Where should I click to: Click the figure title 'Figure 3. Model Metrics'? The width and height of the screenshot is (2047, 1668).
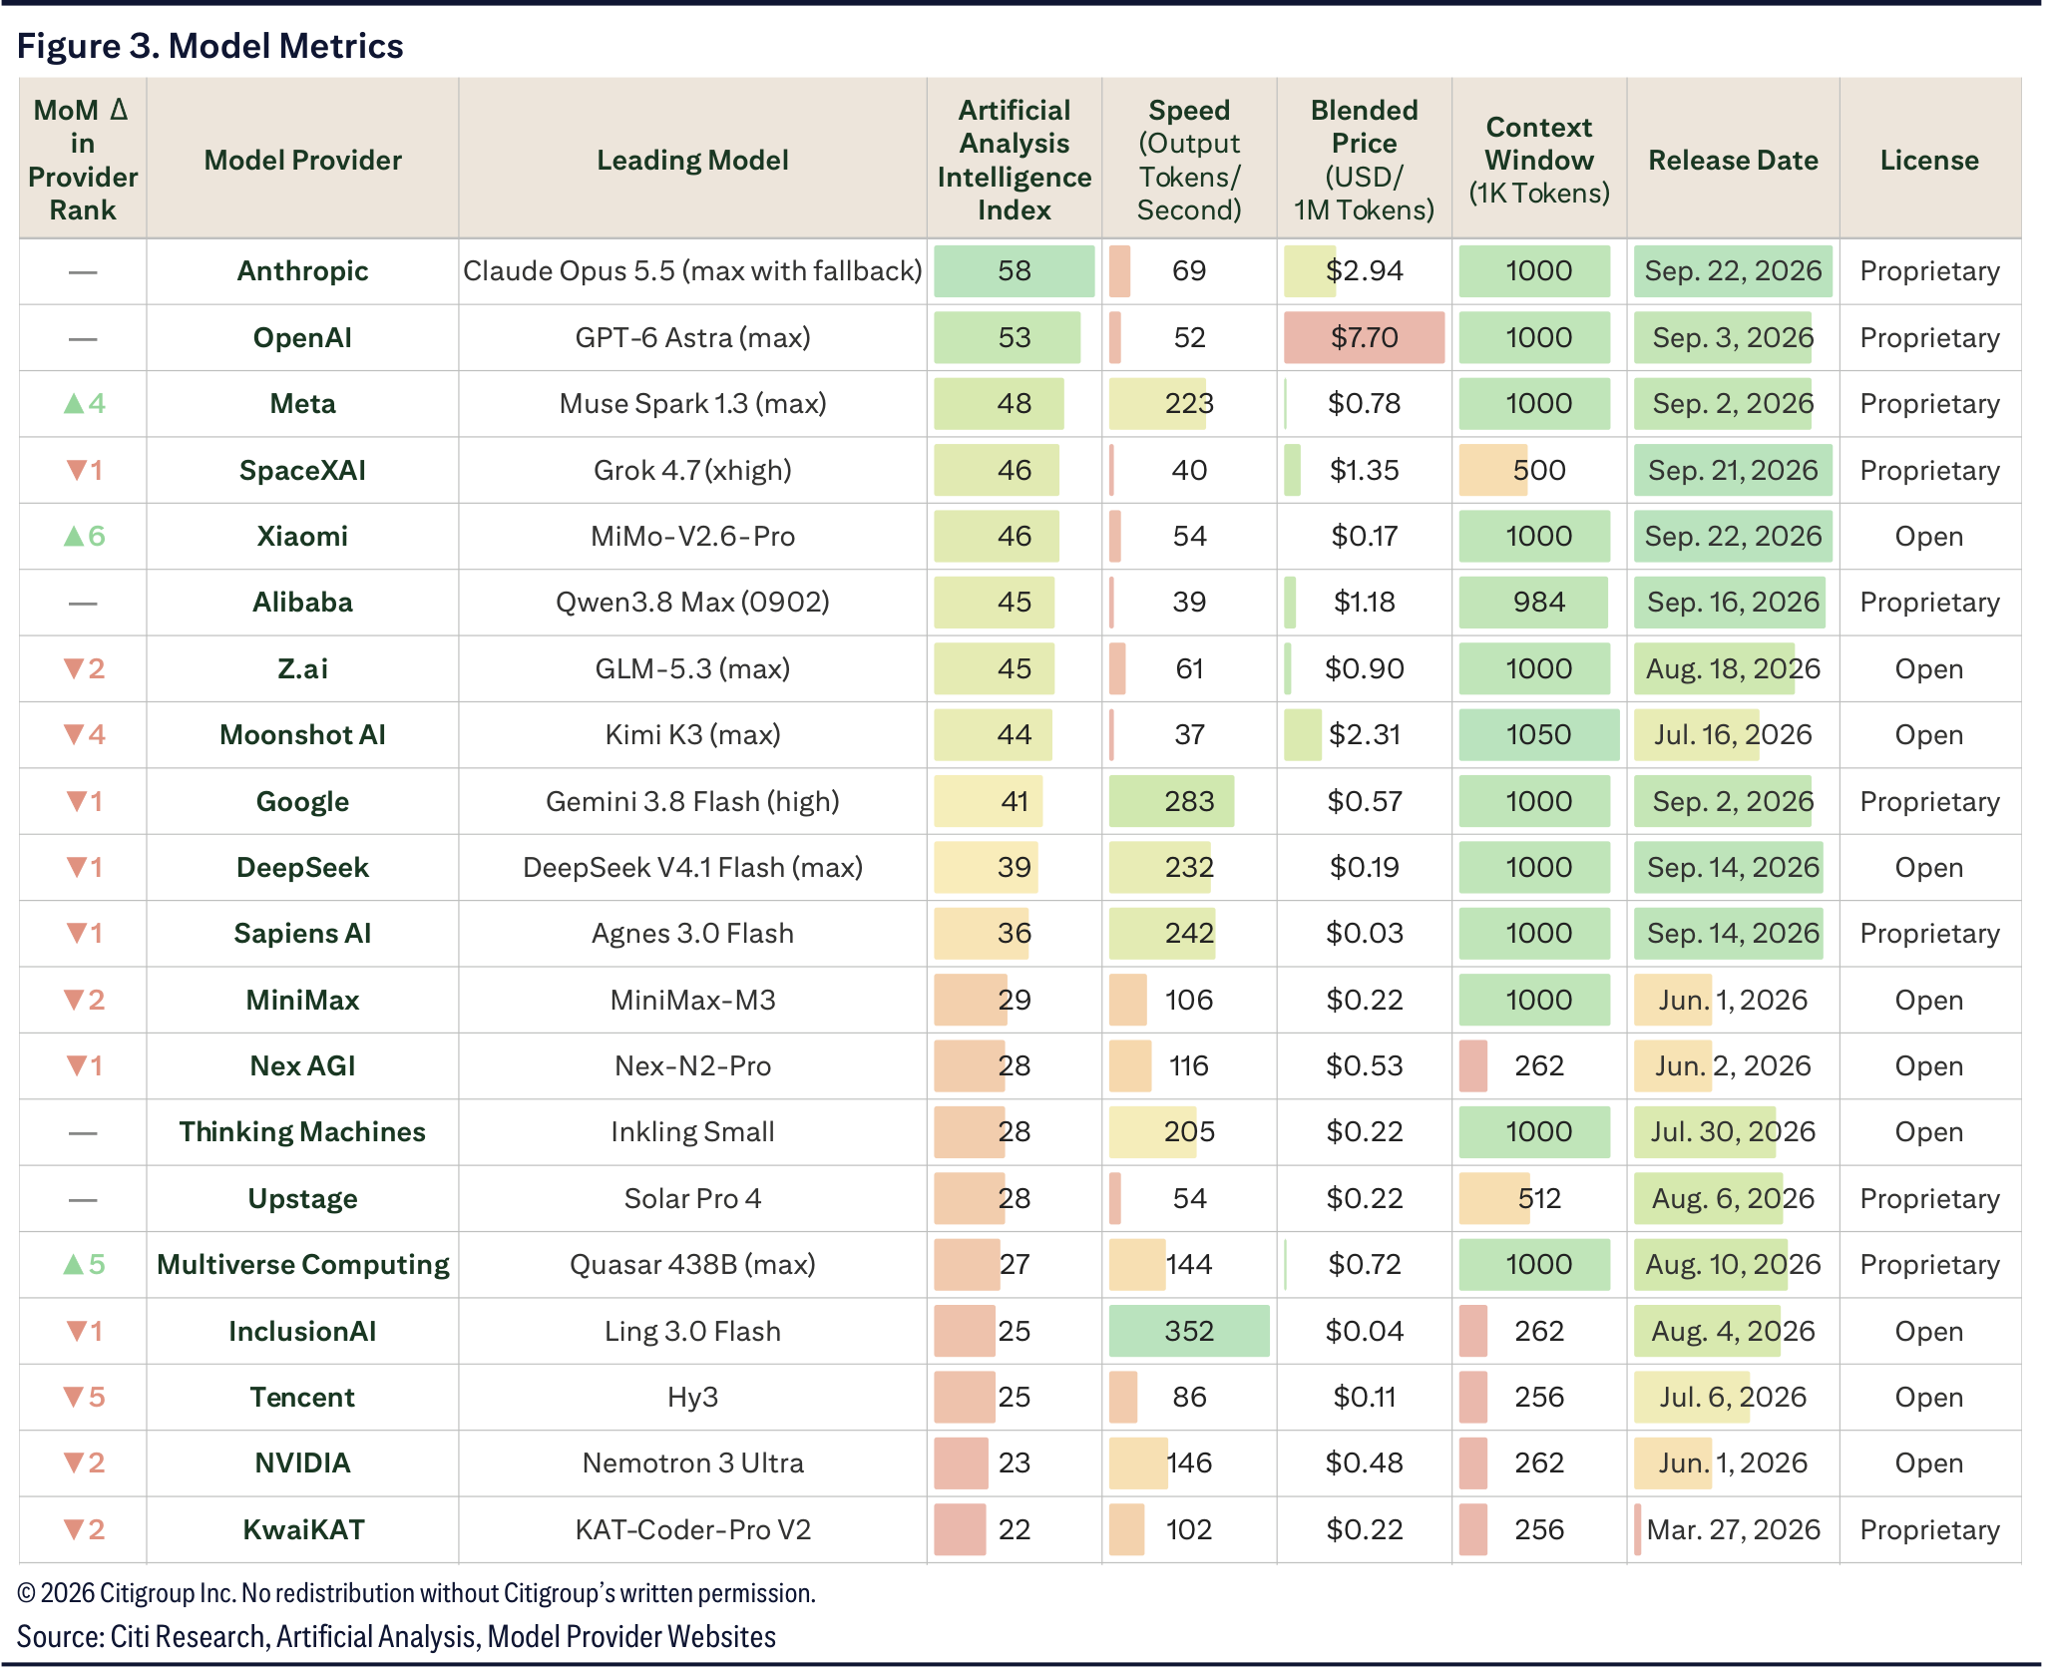(210, 46)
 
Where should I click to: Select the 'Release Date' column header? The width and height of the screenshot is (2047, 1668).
(1733, 160)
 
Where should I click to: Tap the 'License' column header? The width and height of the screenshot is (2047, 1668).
(1929, 160)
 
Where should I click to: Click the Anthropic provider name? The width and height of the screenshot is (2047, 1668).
(302, 270)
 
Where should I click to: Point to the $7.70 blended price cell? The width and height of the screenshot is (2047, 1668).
(1364, 337)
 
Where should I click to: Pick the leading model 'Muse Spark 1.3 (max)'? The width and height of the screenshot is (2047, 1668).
(692, 403)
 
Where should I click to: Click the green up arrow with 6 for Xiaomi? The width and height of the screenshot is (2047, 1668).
(84, 536)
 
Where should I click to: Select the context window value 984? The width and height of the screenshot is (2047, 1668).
(1538, 602)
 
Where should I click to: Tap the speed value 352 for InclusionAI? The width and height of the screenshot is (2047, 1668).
(1189, 1331)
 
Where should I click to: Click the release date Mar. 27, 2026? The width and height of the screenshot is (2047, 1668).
(1733, 1529)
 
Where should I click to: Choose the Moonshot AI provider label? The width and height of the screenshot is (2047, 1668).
(302, 734)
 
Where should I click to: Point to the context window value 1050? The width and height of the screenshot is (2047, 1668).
(1538, 734)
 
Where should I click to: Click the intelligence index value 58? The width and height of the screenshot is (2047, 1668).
(1014, 270)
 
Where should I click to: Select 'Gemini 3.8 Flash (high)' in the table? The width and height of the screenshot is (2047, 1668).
(692, 801)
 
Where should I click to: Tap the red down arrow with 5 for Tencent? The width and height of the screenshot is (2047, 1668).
(84, 1397)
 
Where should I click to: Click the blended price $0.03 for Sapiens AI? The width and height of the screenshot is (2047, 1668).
(1364, 933)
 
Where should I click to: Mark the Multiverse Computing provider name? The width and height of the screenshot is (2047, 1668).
(302, 1264)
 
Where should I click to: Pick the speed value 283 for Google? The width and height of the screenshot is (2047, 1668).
(1189, 801)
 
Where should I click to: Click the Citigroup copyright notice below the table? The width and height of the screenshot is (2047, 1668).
(416, 1593)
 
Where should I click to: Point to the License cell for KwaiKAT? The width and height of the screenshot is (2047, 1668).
(1929, 1529)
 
